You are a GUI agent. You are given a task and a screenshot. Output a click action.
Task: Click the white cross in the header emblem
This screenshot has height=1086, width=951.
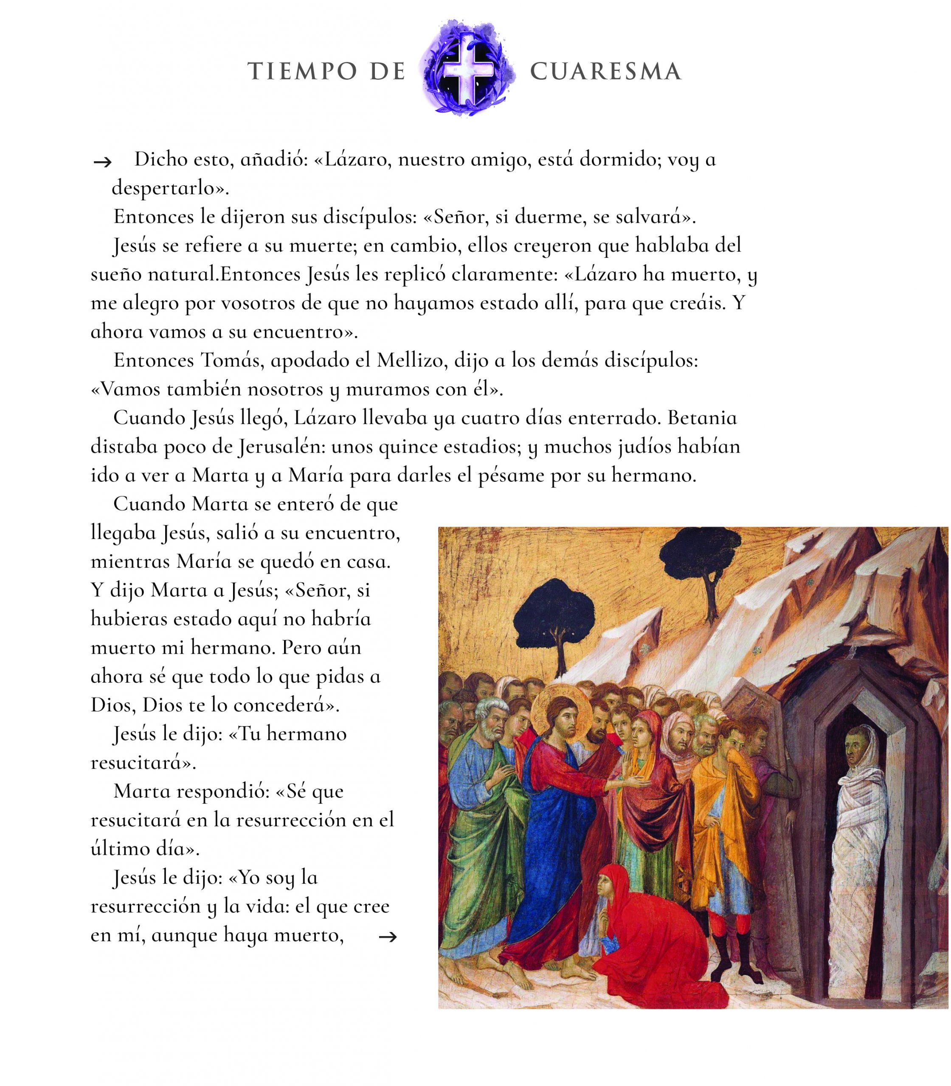click(x=469, y=68)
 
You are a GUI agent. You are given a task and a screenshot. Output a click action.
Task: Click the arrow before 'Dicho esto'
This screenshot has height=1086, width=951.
click(x=102, y=162)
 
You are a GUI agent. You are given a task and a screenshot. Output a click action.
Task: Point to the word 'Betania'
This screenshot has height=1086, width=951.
click(x=702, y=418)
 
